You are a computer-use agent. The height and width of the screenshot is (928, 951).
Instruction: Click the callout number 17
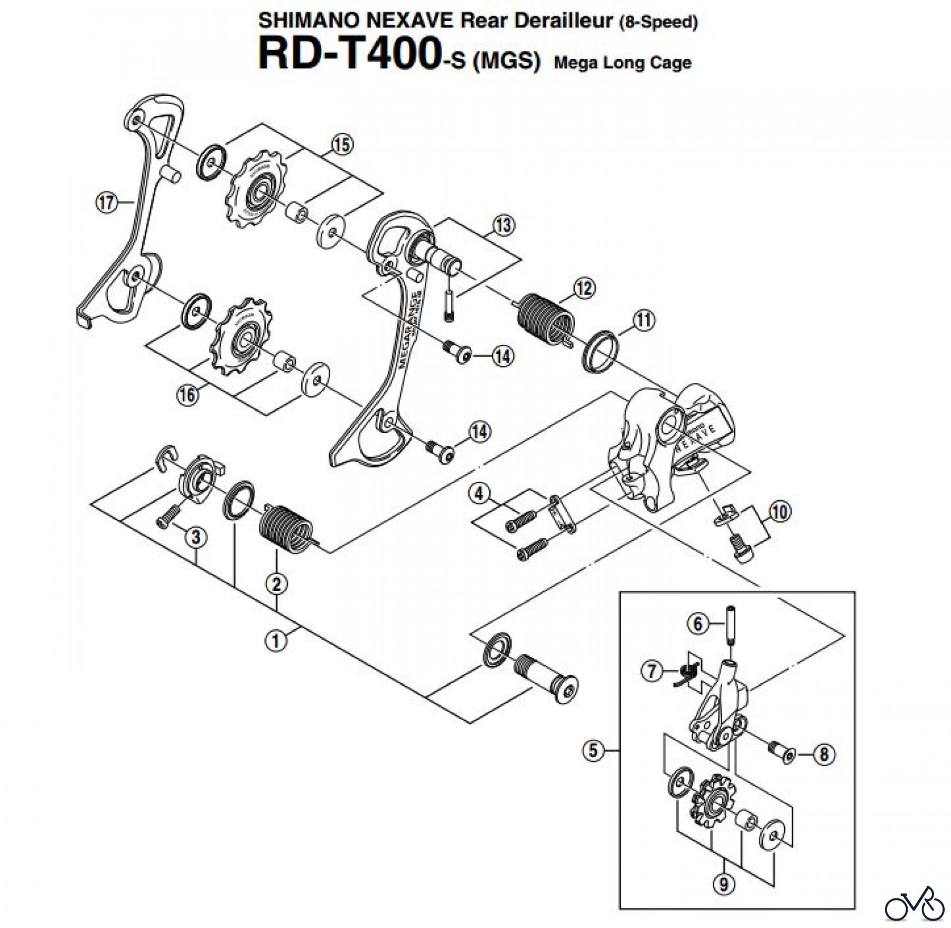coord(107,202)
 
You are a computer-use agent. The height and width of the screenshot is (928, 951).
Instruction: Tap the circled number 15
coord(342,144)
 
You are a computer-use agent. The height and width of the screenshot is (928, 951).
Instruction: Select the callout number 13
coord(503,225)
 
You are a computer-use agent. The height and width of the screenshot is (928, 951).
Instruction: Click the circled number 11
coord(644,320)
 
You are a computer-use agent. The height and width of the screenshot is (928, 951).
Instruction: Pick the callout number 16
coord(188,394)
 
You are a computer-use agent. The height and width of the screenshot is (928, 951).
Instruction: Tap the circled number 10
coord(780,512)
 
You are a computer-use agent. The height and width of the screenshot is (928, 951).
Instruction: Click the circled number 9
coord(724,883)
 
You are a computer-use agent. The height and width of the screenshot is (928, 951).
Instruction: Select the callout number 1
coord(275,641)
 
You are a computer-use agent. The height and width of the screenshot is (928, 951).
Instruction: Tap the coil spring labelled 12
coord(544,323)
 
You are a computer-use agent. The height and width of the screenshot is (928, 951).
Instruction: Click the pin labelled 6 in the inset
coord(731,627)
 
